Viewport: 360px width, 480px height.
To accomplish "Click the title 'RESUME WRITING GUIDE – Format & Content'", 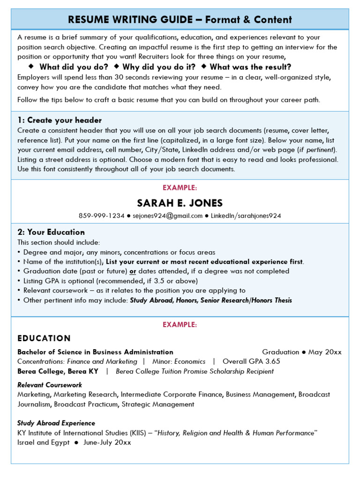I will pos(180,19).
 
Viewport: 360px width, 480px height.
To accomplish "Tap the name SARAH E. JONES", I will pos(180,203).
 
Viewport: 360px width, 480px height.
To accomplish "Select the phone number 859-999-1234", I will pos(102,216).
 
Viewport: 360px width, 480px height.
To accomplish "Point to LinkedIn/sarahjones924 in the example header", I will pos(246,216).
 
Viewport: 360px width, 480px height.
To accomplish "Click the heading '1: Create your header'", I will pos(60,120).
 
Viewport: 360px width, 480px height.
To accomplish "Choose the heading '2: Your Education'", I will pos(51,232).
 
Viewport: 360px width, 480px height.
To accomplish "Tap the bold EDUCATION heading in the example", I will pos(44,338).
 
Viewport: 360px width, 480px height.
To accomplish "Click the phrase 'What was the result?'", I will pos(250,67).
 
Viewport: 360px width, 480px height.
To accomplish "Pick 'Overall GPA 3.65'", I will pos(251,361).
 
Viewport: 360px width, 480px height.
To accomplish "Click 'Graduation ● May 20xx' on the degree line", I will pos(302,352).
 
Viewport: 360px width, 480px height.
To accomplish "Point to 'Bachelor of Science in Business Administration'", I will pos(95,352).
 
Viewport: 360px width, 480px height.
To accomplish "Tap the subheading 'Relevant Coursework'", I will pos(50,385).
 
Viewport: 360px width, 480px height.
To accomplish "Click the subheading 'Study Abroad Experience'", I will pos(56,423).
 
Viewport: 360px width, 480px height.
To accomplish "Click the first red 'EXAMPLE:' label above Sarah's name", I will pos(180,187).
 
